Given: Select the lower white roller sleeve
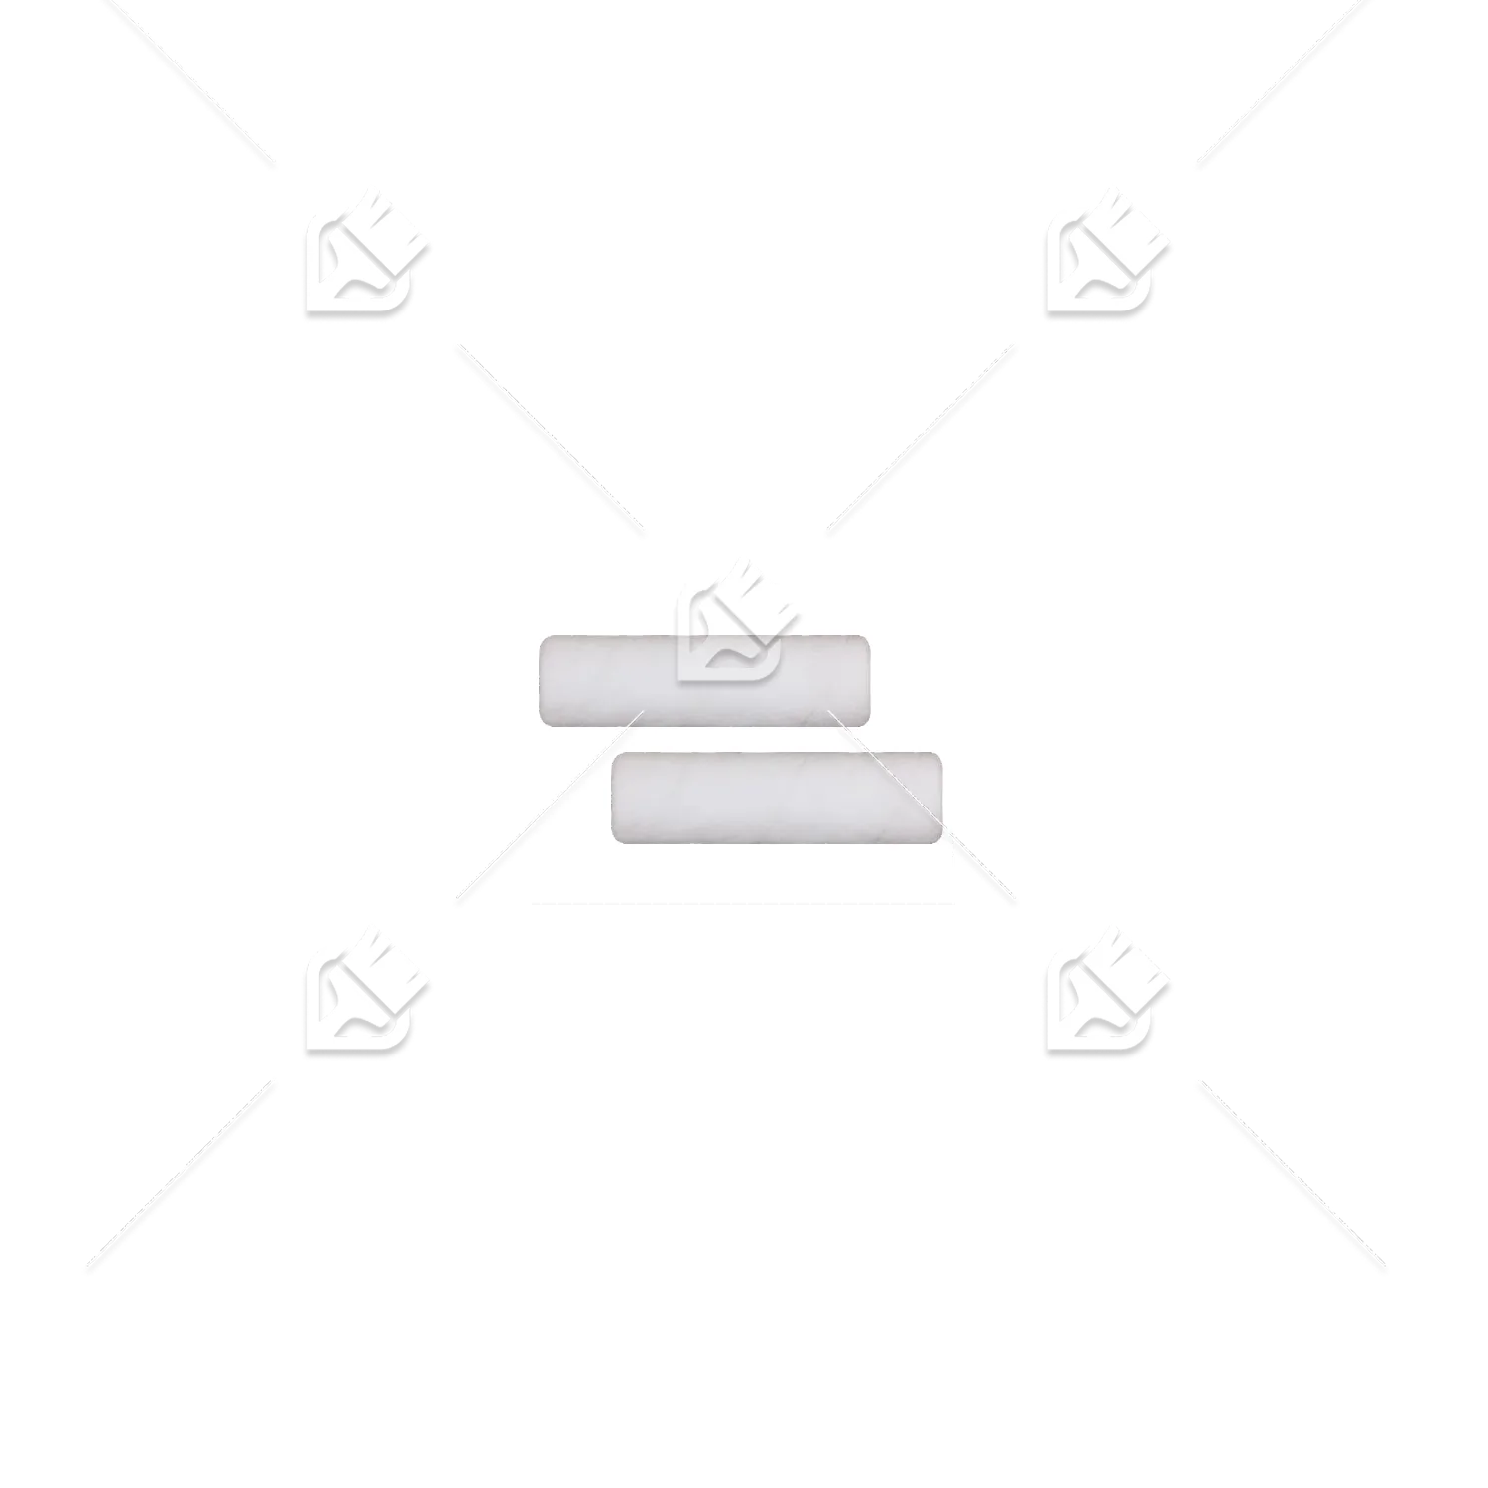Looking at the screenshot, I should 776,799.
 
